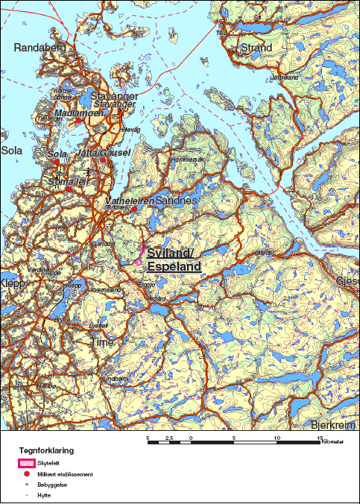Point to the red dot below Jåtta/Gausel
coord(103,160)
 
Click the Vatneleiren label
coord(130,201)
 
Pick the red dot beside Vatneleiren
coord(134,209)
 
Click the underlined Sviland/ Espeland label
coord(174,259)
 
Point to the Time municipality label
coord(102,341)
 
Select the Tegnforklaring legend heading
coord(46,450)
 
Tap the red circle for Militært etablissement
coord(26,474)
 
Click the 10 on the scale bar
coord(277,438)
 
